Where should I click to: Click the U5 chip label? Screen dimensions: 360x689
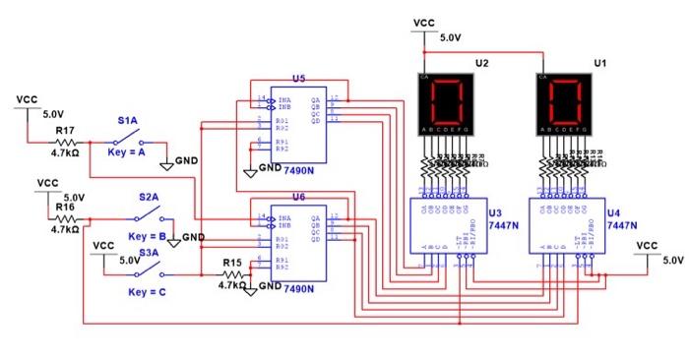[x=299, y=78]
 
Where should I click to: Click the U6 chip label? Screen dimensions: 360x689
[x=299, y=197]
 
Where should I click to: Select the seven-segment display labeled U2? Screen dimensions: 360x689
[x=447, y=101]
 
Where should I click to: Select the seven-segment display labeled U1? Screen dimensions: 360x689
[x=567, y=101]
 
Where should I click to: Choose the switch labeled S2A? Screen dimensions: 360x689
[x=149, y=217]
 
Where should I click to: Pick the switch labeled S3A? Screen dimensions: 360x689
[x=149, y=273]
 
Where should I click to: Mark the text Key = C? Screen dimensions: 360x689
[x=148, y=292]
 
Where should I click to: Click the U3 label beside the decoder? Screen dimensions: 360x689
[x=493, y=212]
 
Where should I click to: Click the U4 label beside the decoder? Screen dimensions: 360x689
[x=613, y=212]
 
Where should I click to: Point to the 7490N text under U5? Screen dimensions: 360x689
[x=298, y=170]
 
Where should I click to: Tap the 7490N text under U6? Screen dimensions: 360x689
[x=298, y=289]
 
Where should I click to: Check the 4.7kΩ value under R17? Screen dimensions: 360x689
[x=65, y=153]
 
